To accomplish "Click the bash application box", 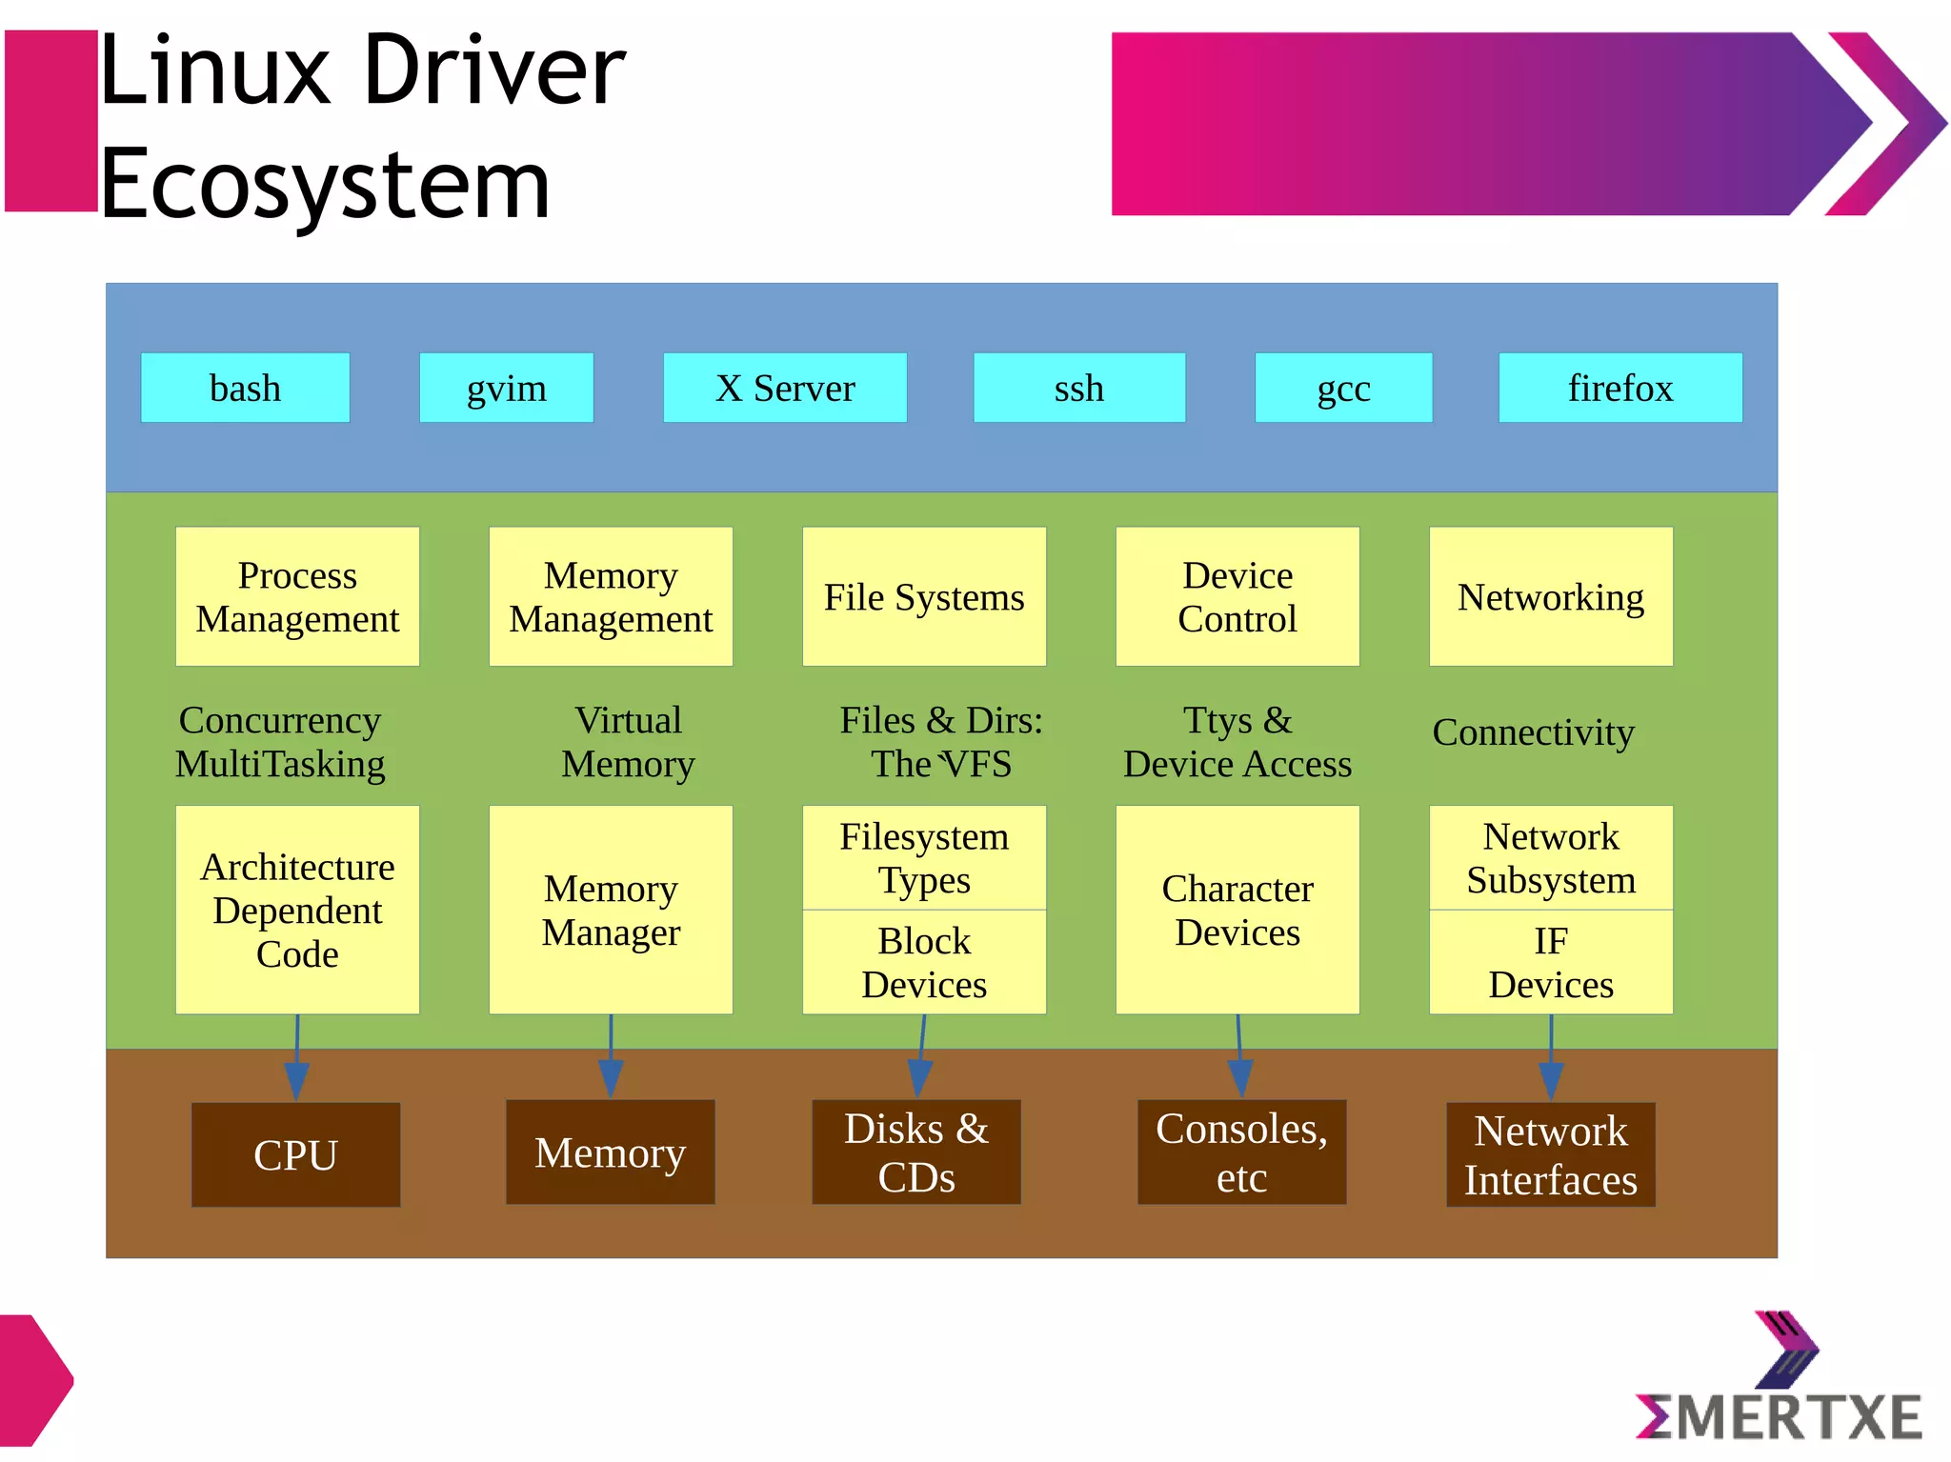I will pyautogui.click(x=245, y=388).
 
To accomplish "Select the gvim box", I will pyautogui.click(x=506, y=388).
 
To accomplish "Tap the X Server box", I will pyautogui.click(x=784, y=388).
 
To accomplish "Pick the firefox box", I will pyautogui.click(x=1619, y=388).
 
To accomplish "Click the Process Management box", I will pyautogui.click(x=297, y=596).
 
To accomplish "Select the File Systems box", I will pyautogui.click(x=924, y=596).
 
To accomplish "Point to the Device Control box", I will pyautogui.click(x=1237, y=596).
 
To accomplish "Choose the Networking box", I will pyautogui.click(x=1550, y=596).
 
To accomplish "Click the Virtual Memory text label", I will pyautogui.click(x=628, y=742).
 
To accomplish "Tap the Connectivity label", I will pyautogui.click(x=1533, y=731).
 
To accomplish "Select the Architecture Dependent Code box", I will pyautogui.click(x=297, y=910).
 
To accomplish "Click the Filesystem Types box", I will pyautogui.click(x=924, y=857).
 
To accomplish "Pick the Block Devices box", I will pyautogui.click(x=924, y=962).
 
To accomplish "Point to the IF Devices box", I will pyautogui.click(x=1550, y=962).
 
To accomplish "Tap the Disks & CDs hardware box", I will pyautogui.click(x=915, y=1152).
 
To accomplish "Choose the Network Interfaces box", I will pyautogui.click(x=1550, y=1154).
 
